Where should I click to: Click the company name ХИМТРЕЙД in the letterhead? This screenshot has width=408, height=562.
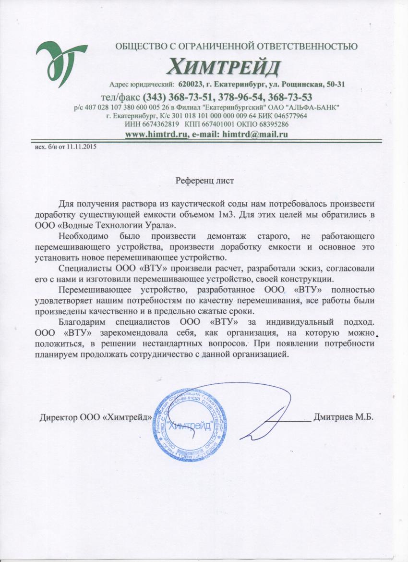(x=224, y=65)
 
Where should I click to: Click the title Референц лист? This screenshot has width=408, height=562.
(x=204, y=181)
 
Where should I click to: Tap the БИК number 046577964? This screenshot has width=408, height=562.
(x=288, y=116)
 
